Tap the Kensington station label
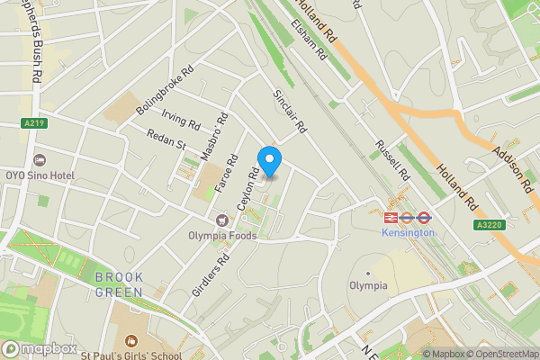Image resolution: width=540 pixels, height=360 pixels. point(409,232)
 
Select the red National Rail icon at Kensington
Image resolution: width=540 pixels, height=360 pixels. point(391,217)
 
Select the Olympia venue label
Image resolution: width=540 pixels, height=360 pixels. point(368,285)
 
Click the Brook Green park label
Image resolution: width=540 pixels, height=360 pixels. point(119,285)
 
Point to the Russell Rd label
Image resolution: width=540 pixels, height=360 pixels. point(391,159)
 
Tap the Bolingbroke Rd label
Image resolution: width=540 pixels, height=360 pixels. point(153,91)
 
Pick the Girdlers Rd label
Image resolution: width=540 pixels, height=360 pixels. point(211,274)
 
